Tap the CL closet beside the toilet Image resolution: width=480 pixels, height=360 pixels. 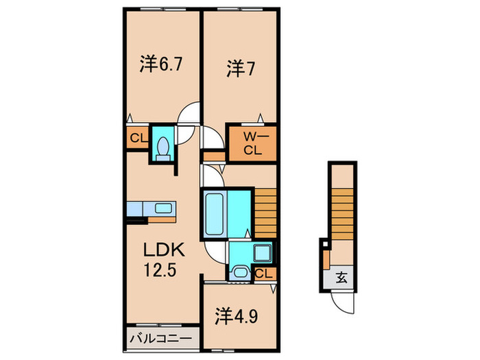(x=137, y=139)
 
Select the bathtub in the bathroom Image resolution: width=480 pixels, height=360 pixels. (x=216, y=214)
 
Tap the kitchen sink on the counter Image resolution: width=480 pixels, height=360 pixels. (x=163, y=208)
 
